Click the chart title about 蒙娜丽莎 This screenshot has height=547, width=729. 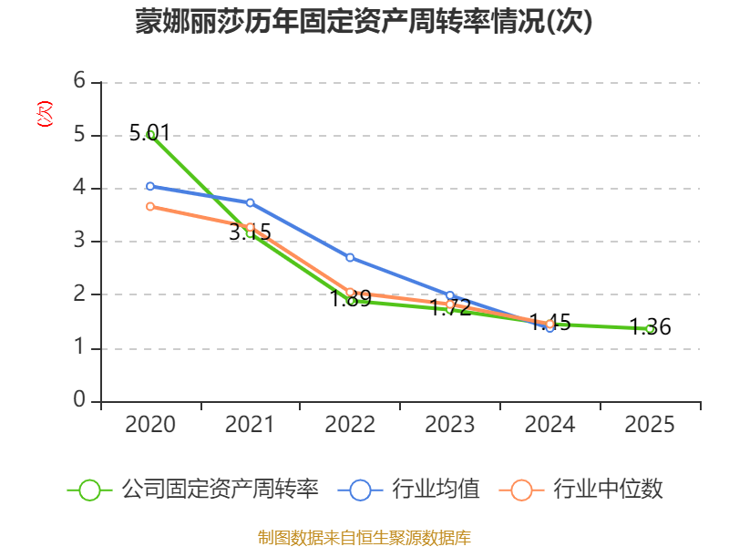pyautogui.click(x=364, y=22)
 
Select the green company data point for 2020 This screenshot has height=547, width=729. pyautogui.click(x=150, y=134)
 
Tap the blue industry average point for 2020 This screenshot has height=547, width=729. pyautogui.click(x=150, y=186)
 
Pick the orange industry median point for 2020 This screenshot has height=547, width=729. pyautogui.click(x=150, y=206)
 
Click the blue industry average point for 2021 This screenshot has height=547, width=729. pyautogui.click(x=251, y=202)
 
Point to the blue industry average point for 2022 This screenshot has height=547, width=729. pyautogui.click(x=350, y=257)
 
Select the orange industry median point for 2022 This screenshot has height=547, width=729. pyautogui.click(x=350, y=293)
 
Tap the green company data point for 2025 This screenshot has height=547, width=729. pyautogui.click(x=650, y=328)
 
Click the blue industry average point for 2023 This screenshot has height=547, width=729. pyautogui.click(x=450, y=295)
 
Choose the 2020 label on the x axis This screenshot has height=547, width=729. pyautogui.click(x=150, y=425)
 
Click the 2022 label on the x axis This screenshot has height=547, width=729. pyautogui.click(x=350, y=425)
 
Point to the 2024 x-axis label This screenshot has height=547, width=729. pyautogui.click(x=549, y=425)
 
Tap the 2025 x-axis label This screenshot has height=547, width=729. pyautogui.click(x=650, y=425)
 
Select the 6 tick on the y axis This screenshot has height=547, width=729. pyautogui.click(x=80, y=81)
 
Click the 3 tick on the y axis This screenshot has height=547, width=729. pyautogui.click(x=80, y=241)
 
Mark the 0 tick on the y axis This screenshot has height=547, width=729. pyautogui.click(x=80, y=400)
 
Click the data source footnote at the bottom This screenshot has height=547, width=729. pyautogui.click(x=364, y=537)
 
